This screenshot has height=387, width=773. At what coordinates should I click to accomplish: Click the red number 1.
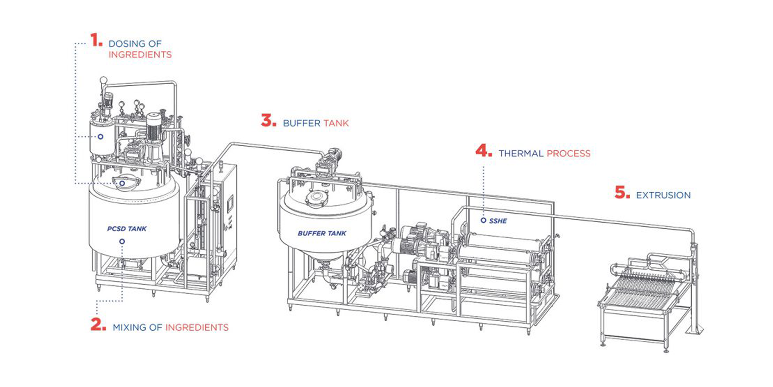click(x=96, y=40)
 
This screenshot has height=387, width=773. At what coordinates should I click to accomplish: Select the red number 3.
click(x=268, y=121)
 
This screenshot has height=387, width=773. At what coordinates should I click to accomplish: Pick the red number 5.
click(x=622, y=192)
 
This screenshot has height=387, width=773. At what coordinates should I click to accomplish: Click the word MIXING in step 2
click(x=129, y=327)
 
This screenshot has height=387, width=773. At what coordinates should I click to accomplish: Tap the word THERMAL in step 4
click(x=521, y=153)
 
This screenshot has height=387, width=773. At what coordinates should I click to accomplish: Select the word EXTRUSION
click(x=663, y=195)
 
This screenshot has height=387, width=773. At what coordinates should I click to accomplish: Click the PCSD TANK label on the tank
click(x=127, y=229)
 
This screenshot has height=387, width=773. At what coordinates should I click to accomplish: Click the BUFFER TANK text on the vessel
click(x=322, y=234)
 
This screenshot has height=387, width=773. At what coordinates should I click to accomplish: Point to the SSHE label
click(x=498, y=221)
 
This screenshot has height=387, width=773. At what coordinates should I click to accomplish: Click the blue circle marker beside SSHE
click(x=484, y=220)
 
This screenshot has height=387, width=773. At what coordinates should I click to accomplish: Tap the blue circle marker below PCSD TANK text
click(x=122, y=241)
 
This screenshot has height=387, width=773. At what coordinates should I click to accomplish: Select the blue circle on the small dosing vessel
click(x=100, y=136)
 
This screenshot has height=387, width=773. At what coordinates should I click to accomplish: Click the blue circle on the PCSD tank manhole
click(x=122, y=183)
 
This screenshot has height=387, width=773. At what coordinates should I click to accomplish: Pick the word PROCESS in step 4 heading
click(x=568, y=153)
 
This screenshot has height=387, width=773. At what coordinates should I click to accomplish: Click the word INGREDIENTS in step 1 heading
click(x=140, y=55)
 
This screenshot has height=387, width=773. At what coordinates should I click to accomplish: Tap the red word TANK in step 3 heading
click(x=336, y=123)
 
